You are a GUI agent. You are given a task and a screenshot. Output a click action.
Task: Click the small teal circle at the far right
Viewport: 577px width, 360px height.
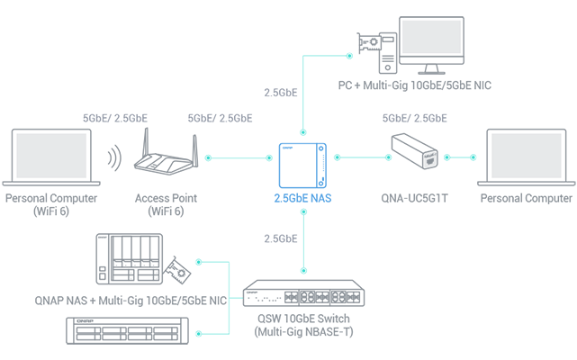coord(461,155)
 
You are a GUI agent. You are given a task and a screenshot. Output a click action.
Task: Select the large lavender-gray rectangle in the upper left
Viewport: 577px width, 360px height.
coord(171,63)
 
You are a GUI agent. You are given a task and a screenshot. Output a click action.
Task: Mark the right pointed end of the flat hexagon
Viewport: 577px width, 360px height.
coord(473,114)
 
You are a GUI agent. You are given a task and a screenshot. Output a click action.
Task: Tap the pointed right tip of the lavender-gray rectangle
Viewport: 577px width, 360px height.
coord(300,86)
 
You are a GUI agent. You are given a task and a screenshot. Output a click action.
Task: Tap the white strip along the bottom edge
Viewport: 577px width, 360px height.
coord(288,352)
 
